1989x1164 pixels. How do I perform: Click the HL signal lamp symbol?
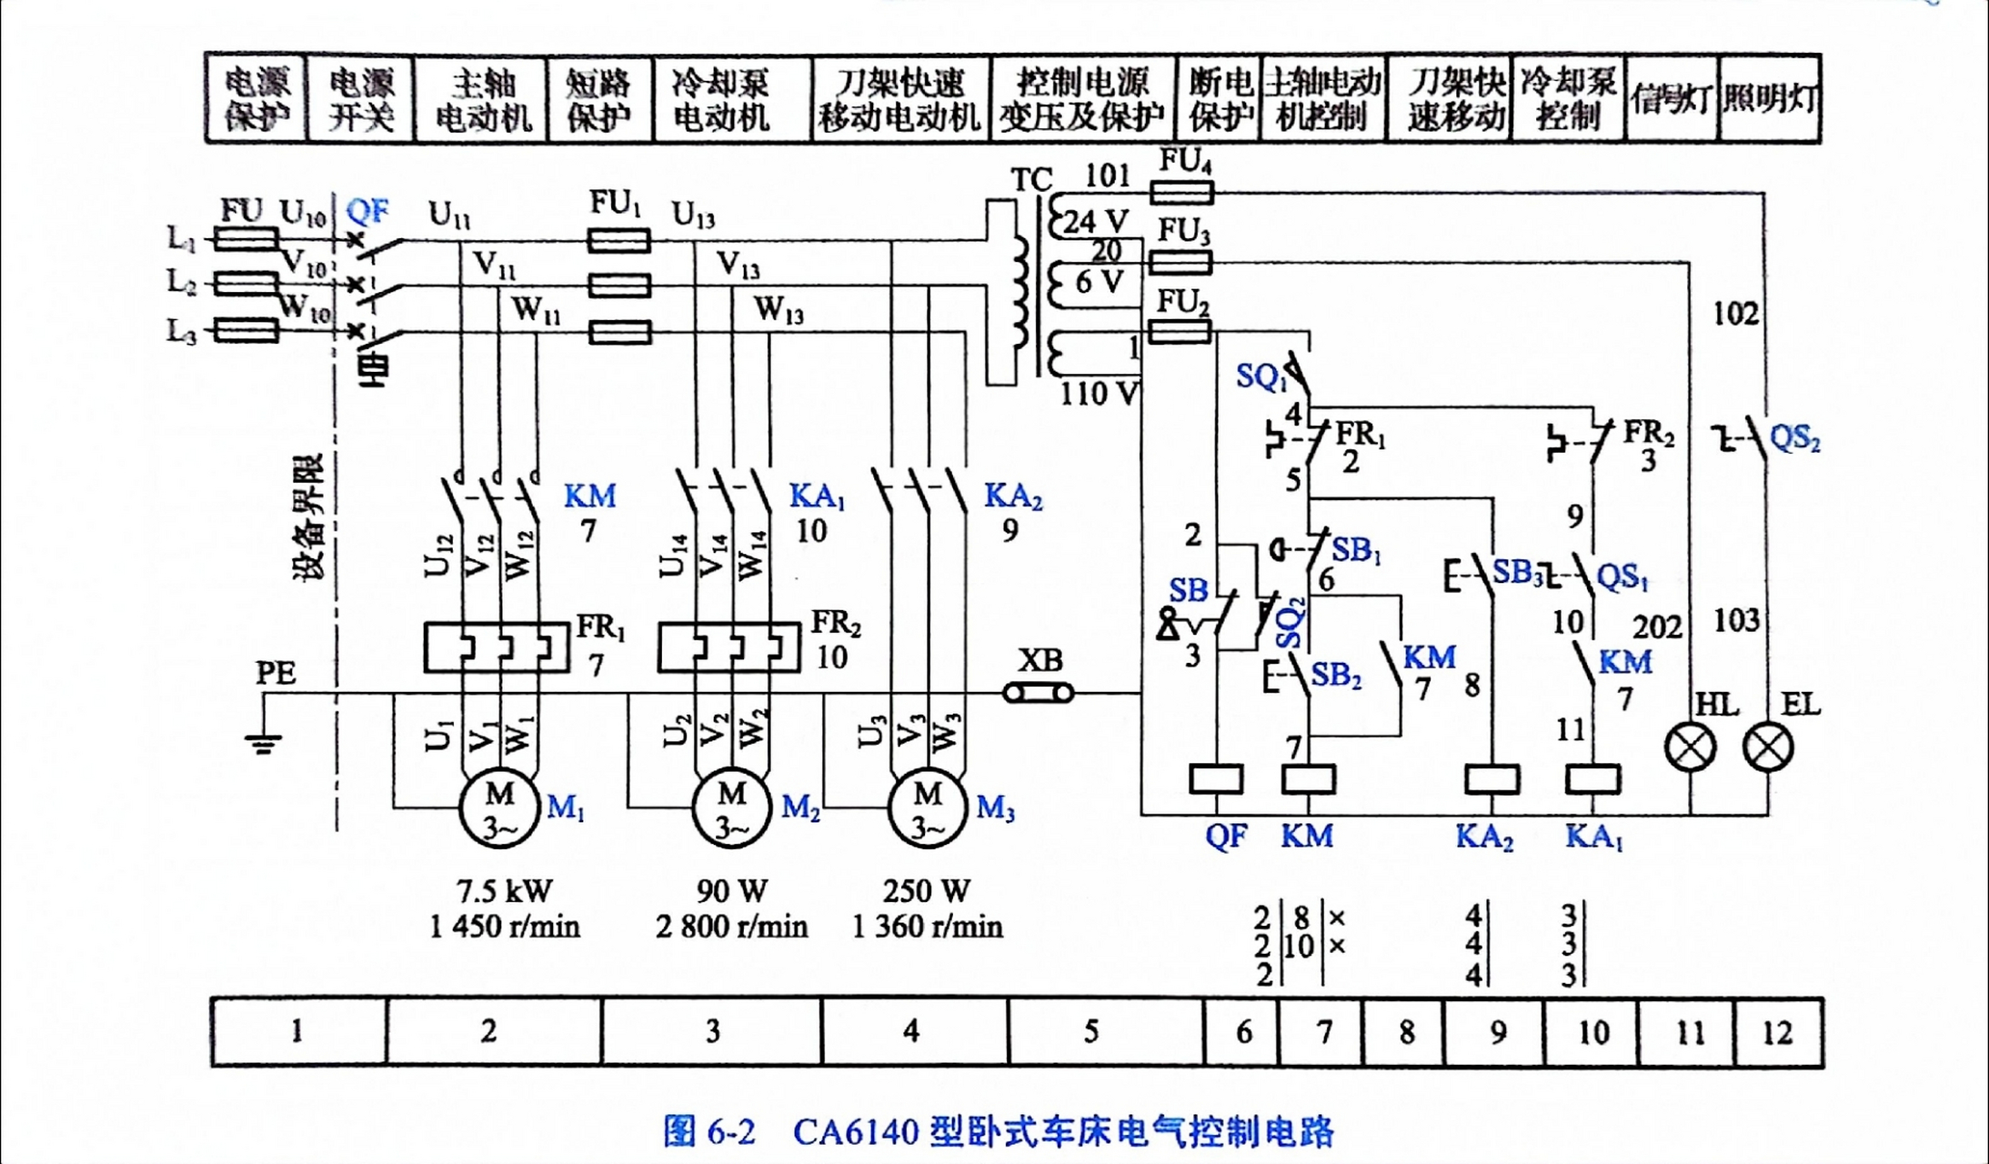[x=1690, y=748]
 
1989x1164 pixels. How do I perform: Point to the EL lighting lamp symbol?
[x=1768, y=748]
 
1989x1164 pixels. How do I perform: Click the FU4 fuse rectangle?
[x=1181, y=192]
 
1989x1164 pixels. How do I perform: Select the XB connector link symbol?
[x=1038, y=693]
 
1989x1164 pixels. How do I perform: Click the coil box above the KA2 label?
[x=1492, y=779]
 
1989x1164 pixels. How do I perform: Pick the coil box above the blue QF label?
[x=1216, y=779]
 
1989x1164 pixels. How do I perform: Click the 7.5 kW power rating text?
[x=504, y=890]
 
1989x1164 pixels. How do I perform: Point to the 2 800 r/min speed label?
[x=731, y=927]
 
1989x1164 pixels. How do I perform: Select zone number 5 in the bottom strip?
[x=1091, y=1031]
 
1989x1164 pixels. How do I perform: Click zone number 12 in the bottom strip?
[x=1777, y=1032]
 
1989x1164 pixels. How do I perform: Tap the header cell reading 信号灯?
[x=1672, y=99]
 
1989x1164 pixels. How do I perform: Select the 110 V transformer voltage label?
[x=1099, y=394]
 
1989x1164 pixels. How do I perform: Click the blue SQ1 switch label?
[x=1260, y=376]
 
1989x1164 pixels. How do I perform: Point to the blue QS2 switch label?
[x=1794, y=438]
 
